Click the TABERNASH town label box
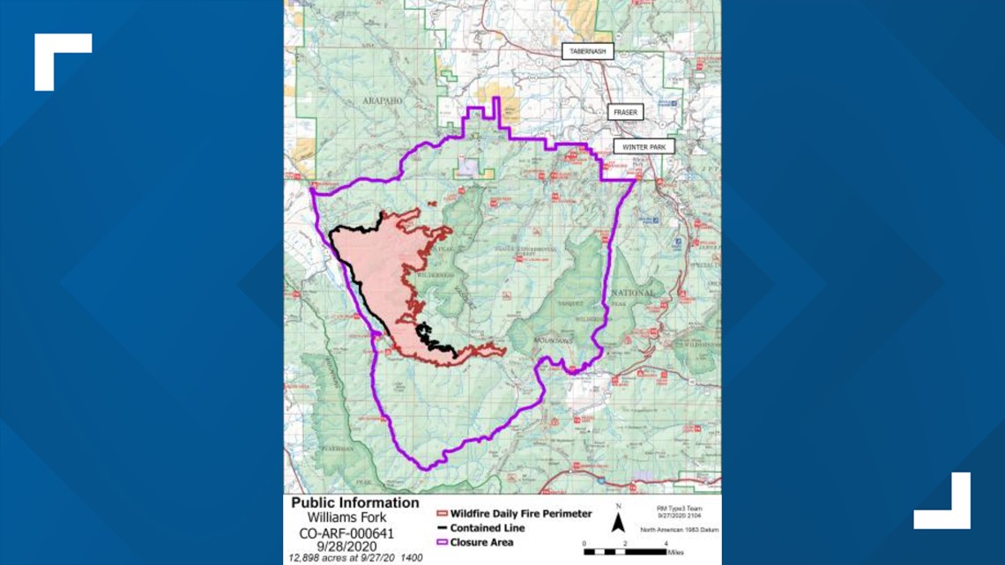[x=588, y=52]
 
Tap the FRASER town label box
[x=625, y=113]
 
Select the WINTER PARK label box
[x=644, y=147]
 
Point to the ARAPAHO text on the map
[x=381, y=101]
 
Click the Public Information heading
[x=355, y=503]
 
